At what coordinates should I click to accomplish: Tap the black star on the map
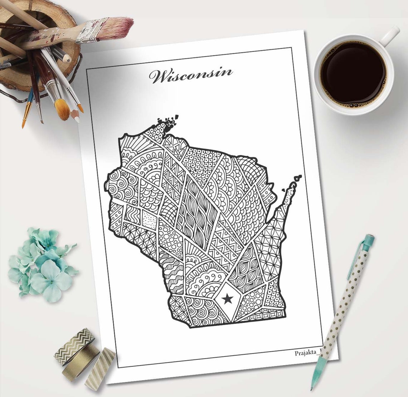point(227,297)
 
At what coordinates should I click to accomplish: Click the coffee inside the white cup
point(353,72)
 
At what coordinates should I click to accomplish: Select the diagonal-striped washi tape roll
point(101,369)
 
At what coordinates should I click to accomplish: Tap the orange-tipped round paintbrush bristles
point(62,109)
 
